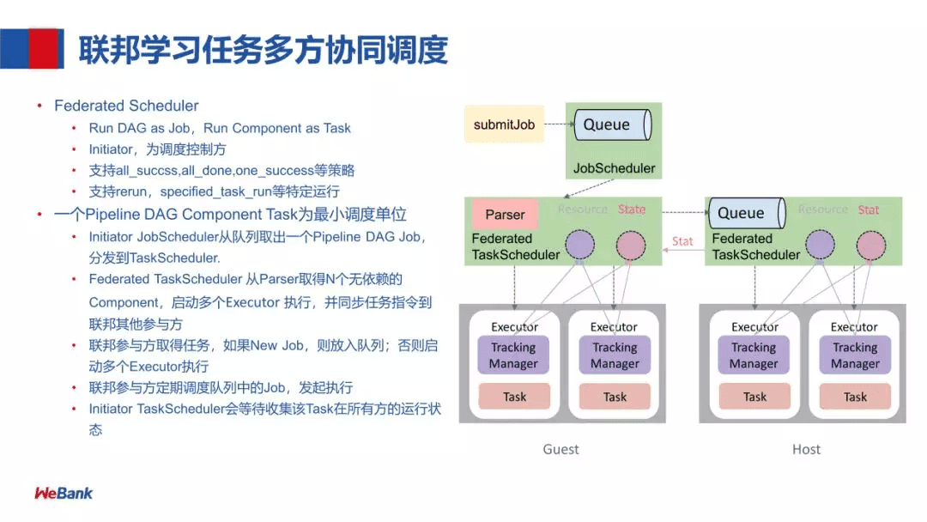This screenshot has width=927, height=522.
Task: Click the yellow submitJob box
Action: click(504, 124)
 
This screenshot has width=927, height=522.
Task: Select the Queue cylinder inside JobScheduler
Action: click(613, 124)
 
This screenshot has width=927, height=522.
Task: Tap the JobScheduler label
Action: click(614, 168)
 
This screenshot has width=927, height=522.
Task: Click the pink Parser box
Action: click(505, 214)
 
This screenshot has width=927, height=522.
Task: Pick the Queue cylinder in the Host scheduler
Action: click(748, 213)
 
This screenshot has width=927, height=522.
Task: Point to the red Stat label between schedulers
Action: click(682, 241)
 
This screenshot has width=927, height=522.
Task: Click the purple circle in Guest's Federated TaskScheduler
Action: click(580, 245)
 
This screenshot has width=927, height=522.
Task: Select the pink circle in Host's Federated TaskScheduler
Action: click(871, 246)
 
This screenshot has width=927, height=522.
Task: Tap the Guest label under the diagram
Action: click(560, 449)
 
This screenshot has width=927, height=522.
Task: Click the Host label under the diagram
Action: click(806, 449)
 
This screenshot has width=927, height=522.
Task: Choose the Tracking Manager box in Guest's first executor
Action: click(513, 355)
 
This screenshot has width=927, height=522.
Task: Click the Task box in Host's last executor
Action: click(855, 397)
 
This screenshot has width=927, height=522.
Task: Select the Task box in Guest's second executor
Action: click(615, 397)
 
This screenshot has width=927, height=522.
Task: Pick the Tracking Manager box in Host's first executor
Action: click(754, 355)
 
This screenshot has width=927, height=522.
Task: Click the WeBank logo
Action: click(64, 493)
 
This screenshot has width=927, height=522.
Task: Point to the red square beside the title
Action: click(43, 48)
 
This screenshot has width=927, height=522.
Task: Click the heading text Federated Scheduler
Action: click(126, 106)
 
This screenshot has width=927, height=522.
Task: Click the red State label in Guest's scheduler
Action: click(632, 209)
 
